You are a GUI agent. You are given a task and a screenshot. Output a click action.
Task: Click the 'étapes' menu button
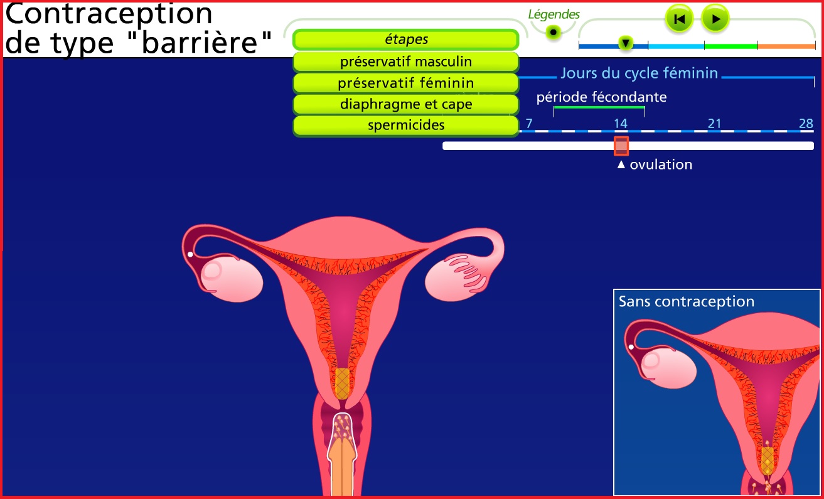pyautogui.click(x=406, y=40)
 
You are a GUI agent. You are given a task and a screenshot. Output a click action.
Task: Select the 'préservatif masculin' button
pyautogui.click(x=406, y=62)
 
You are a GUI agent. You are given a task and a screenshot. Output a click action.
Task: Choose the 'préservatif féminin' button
pyautogui.click(x=406, y=83)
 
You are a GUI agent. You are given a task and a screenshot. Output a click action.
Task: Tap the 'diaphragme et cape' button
pyautogui.click(x=406, y=104)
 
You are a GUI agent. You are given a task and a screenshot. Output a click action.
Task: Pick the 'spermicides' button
pyautogui.click(x=406, y=126)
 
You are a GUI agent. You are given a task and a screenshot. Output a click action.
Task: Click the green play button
pyautogui.click(x=715, y=19)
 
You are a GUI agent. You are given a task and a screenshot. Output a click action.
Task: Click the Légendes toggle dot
pyautogui.click(x=553, y=33)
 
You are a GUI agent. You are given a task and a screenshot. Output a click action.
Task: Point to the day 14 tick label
pyautogui.click(x=621, y=123)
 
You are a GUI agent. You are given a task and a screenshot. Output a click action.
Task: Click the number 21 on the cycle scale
pyautogui.click(x=714, y=123)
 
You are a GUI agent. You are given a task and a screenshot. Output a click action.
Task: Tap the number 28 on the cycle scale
pyautogui.click(x=806, y=123)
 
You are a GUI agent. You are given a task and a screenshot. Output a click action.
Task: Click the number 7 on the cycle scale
pyautogui.click(x=529, y=123)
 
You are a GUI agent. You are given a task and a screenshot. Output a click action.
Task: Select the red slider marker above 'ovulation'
pyautogui.click(x=621, y=146)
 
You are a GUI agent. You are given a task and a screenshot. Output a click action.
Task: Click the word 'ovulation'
pyautogui.click(x=661, y=164)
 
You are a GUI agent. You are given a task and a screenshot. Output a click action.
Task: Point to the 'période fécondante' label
pyautogui.click(x=601, y=97)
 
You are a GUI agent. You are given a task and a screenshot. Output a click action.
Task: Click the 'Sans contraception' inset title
pyautogui.click(x=687, y=301)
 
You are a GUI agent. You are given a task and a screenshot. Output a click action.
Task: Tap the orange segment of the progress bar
pyautogui.click(x=786, y=46)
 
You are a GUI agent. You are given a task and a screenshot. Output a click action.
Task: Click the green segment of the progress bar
pyautogui.click(x=731, y=46)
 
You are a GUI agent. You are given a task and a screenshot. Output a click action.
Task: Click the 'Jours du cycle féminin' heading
pyautogui.click(x=639, y=73)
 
